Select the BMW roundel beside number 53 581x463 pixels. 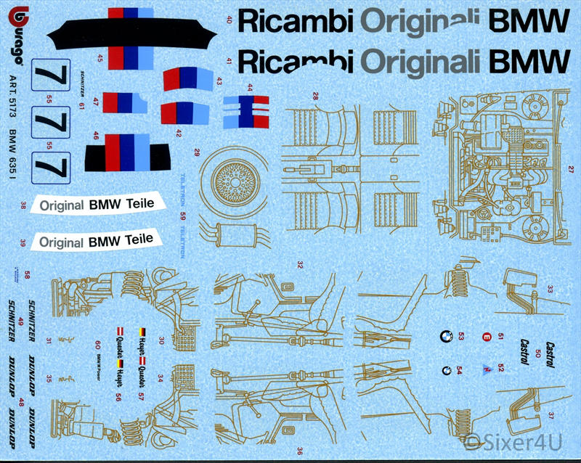(x=442, y=335)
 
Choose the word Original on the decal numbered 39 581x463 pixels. (x=62, y=242)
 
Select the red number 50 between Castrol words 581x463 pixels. (x=537, y=353)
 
